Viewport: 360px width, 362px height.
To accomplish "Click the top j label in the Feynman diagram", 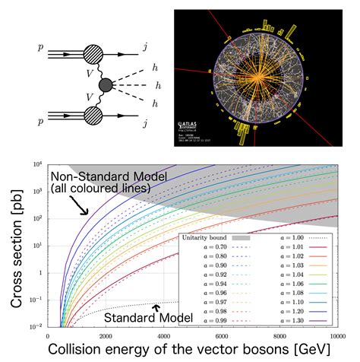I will (145, 47).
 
